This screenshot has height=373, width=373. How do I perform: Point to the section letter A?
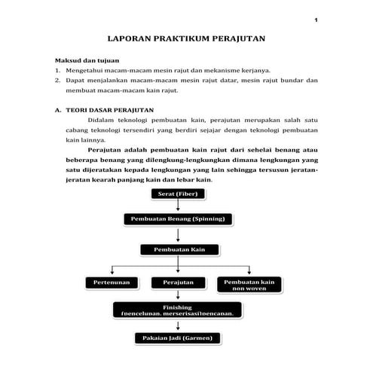pos(57,109)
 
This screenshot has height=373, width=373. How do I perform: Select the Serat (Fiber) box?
pos(177,194)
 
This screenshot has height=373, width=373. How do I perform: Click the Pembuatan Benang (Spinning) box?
pos(178,219)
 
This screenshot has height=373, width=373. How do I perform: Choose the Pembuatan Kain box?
pos(178,249)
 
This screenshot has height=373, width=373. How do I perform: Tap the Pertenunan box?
pos(112,282)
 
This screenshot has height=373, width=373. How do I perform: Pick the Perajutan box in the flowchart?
pos(178,282)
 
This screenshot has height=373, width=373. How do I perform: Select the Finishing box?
pos(178,310)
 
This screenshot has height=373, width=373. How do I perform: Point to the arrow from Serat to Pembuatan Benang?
pos(178,206)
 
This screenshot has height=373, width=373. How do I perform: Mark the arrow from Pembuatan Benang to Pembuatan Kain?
pos(178,234)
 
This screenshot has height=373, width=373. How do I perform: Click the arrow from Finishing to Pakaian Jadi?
pos(178,324)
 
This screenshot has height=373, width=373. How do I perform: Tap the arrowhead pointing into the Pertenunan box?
pos(112,273)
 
